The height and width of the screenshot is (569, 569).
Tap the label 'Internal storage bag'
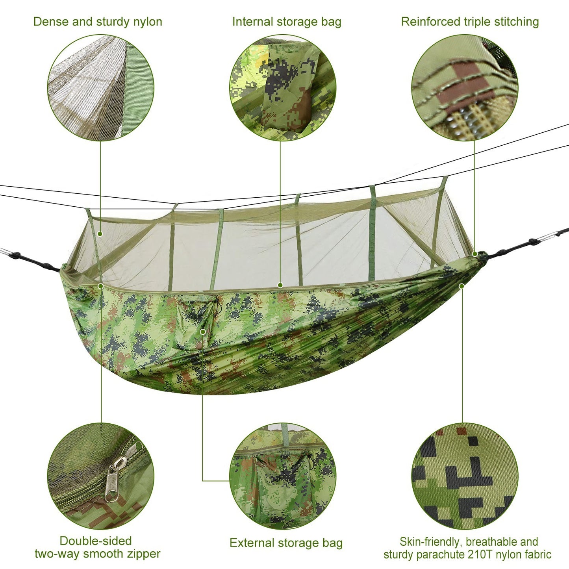286,22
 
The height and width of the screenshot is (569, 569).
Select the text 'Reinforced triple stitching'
470,22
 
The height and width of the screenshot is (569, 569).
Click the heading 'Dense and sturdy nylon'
98,22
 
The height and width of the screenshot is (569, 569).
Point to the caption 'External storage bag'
286,543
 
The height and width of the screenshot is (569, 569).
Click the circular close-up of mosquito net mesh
100,87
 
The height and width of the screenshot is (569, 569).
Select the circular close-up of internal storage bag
283,87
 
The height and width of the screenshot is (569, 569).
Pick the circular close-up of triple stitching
465,87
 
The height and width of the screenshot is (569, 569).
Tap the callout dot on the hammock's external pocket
203,332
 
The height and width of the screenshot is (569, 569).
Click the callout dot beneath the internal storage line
280,285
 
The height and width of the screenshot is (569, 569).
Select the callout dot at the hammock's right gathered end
475,254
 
